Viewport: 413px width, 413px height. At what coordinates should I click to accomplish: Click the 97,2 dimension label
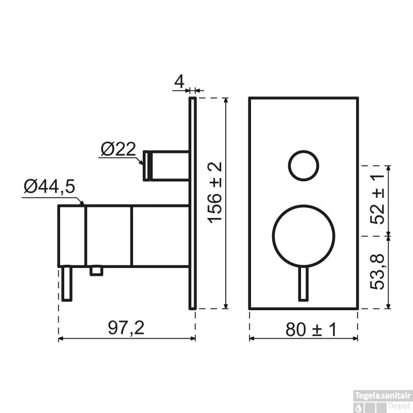(126, 328)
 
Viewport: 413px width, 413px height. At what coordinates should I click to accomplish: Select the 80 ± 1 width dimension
(311, 329)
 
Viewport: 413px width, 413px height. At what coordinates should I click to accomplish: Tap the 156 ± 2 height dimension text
(215, 193)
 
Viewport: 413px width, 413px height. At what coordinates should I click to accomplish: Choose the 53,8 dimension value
(377, 272)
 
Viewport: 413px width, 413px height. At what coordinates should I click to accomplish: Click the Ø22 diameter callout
(118, 149)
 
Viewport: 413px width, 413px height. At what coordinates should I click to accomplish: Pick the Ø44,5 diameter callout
(49, 186)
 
